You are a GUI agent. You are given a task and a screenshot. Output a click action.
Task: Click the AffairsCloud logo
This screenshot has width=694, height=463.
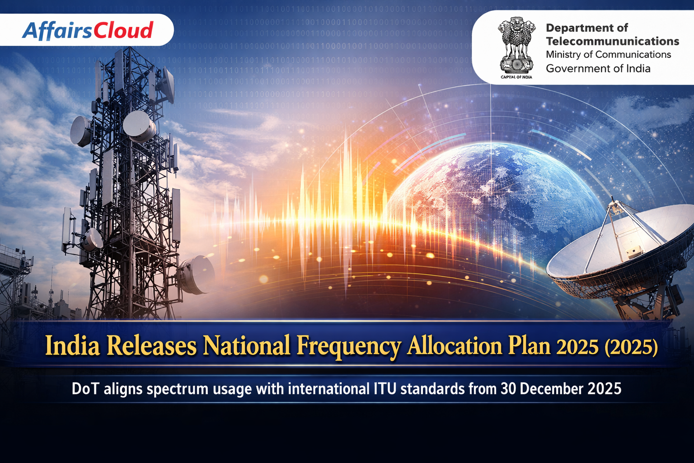(88, 30)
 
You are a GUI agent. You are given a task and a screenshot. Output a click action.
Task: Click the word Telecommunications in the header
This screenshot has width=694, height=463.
(613, 41)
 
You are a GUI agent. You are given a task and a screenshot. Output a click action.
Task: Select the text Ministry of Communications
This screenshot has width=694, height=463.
(608, 55)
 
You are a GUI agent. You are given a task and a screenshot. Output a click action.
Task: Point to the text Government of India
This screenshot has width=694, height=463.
(598, 68)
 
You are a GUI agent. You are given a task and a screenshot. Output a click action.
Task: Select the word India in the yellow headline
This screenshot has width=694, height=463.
(72, 345)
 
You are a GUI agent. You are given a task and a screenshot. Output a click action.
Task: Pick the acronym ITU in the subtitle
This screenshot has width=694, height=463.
(385, 389)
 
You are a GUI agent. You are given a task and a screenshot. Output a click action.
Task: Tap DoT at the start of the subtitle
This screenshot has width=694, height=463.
(85, 389)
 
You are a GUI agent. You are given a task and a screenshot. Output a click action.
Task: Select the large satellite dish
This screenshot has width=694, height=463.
(619, 257)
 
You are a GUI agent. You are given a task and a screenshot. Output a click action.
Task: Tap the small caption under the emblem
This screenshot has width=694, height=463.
(516, 77)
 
